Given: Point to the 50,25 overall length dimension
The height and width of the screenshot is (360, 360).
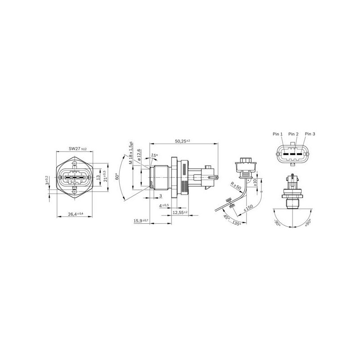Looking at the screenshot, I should (182, 141).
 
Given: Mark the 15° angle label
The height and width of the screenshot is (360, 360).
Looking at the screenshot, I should (154, 156).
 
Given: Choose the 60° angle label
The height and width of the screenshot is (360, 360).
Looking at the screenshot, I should (117, 177).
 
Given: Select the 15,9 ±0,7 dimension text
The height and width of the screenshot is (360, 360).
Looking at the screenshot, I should (141, 220).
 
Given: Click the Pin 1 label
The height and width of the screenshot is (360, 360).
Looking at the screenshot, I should (278, 134).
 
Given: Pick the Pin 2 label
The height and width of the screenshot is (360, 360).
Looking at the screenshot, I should (293, 134).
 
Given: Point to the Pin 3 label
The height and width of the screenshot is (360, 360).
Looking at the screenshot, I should (310, 134).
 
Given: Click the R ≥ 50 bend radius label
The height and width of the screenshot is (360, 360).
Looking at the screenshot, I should (236, 185).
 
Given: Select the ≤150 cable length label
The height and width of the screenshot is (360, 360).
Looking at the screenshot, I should (248, 209).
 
